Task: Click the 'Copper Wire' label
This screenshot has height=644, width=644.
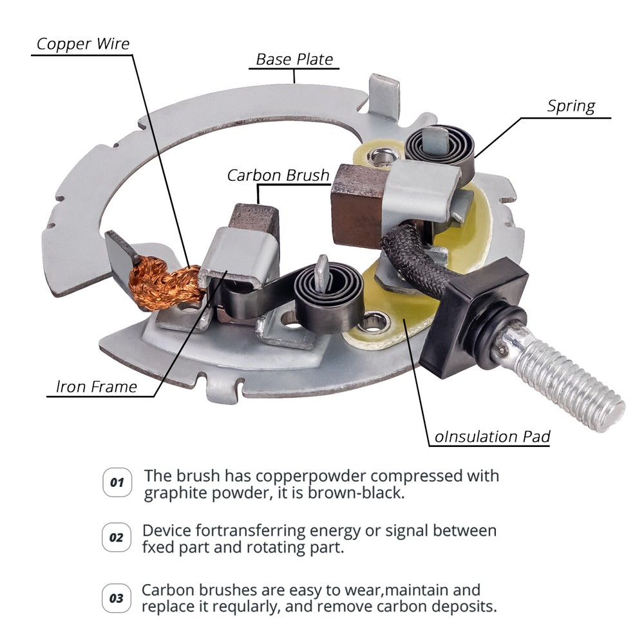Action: pyautogui.click(x=83, y=44)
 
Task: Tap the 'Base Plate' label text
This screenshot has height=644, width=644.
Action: pyautogui.click(x=294, y=59)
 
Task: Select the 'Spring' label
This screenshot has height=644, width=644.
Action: pyautogui.click(x=571, y=106)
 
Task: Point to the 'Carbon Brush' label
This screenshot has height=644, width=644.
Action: pyautogui.click(x=278, y=175)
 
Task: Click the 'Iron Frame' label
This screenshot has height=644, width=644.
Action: pyautogui.click(x=96, y=386)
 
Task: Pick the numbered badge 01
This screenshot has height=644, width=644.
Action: pyautogui.click(x=117, y=482)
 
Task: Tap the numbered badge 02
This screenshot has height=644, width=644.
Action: pyautogui.click(x=116, y=537)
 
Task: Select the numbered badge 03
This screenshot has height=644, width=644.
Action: pyautogui.click(x=117, y=598)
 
